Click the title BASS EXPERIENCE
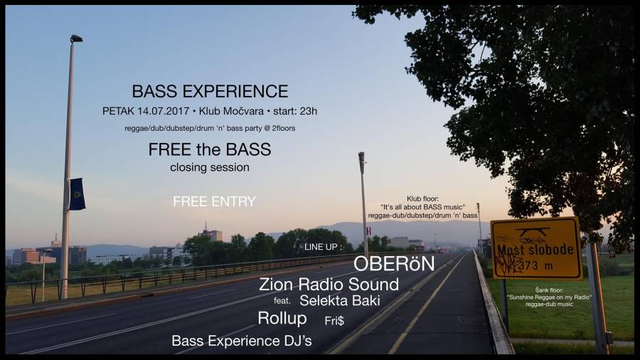[210, 91]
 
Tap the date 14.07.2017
[164, 111]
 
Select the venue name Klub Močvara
[231, 111]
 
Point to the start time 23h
[309, 111]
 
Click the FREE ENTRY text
[214, 201]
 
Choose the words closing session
[210, 167]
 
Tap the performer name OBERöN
[394, 264]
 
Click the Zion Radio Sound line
[329, 284]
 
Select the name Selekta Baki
[340, 300]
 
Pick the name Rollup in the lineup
[282, 318]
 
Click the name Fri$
[334, 321]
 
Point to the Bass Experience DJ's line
[242, 341]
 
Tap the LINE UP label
[323, 247]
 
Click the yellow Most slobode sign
[536, 248]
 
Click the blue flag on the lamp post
[77, 194]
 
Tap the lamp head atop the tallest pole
[76, 39]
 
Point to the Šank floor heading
[550, 290]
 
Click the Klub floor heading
[422, 198]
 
